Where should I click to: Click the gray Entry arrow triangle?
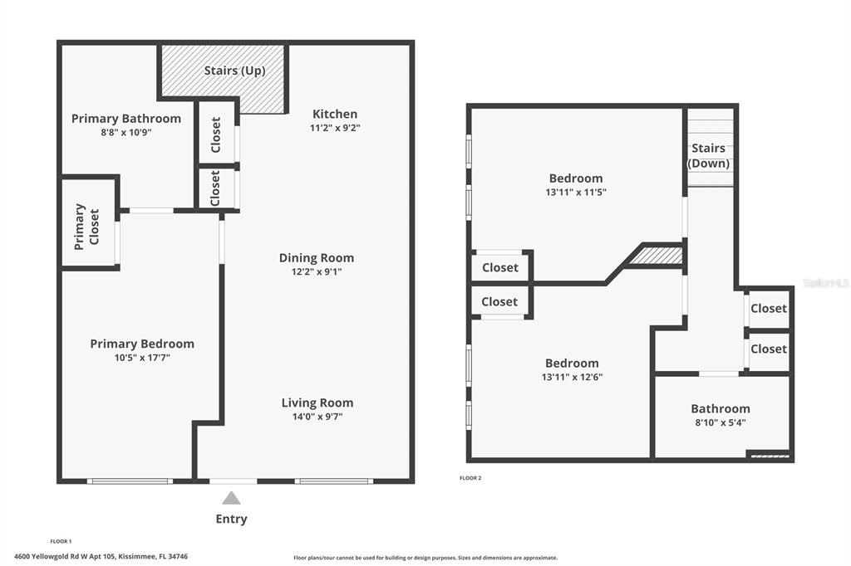pyautogui.click(x=231, y=498)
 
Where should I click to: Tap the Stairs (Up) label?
pyautogui.click(x=234, y=71)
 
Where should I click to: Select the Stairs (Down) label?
pyautogui.click(x=708, y=155)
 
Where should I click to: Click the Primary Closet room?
pyautogui.click(x=86, y=226)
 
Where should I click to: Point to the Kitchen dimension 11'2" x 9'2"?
pyautogui.click(x=335, y=128)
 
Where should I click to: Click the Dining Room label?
pyautogui.click(x=316, y=258)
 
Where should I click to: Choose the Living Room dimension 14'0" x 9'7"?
pyautogui.click(x=317, y=417)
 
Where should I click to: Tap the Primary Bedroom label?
pyautogui.click(x=142, y=344)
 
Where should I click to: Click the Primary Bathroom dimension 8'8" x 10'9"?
pyautogui.click(x=126, y=132)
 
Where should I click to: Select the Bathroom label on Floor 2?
pyautogui.click(x=720, y=408)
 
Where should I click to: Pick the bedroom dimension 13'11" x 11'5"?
pyautogui.click(x=575, y=192)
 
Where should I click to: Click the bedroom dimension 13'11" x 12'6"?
pyautogui.click(x=572, y=377)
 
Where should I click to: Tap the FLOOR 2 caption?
pyautogui.click(x=470, y=478)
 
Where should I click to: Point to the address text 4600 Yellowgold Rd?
pyautogui.click(x=101, y=556)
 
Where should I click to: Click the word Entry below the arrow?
pyautogui.click(x=231, y=520)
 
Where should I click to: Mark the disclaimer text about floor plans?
pyautogui.click(x=425, y=558)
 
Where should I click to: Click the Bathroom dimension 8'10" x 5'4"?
pyautogui.click(x=720, y=422)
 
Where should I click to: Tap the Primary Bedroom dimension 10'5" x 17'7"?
pyautogui.click(x=142, y=358)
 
